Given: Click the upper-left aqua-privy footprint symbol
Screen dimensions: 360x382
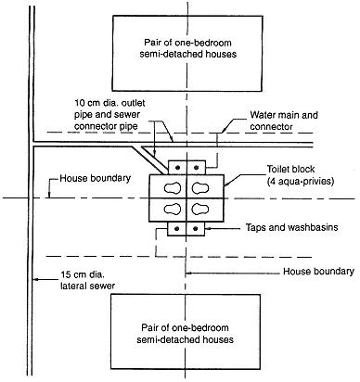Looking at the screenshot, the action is [x=173, y=187].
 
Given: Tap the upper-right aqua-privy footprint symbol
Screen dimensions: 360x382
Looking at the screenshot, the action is [x=200, y=187].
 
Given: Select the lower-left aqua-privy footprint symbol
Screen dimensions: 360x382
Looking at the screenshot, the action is [x=173, y=210].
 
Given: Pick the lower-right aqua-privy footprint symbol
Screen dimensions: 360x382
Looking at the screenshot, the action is [x=200, y=210].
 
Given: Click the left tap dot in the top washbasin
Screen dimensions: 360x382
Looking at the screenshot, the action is [x=177, y=168].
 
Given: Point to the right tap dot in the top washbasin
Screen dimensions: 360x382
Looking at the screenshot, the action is [x=196, y=168].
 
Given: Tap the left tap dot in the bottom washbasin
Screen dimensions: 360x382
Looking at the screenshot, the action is [x=177, y=229].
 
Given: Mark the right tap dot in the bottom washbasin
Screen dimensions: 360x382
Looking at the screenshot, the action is [x=195, y=229].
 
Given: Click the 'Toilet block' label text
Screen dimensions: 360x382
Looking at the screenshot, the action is [x=290, y=169].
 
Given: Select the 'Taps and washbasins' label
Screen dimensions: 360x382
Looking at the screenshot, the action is [x=291, y=227].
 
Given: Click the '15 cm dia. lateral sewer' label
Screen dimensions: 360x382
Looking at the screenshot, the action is [x=87, y=280].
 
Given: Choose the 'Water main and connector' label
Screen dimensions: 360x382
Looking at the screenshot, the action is [x=284, y=121].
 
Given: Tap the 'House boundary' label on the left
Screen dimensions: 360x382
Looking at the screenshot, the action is [x=96, y=178].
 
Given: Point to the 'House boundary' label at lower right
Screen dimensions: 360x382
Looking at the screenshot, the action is [x=318, y=272].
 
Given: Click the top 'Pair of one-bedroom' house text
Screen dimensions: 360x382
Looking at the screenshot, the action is [x=188, y=43].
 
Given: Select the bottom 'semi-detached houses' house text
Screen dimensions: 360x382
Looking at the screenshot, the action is [x=185, y=339].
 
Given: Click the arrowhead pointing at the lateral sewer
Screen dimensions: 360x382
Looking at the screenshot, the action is [x=36, y=280].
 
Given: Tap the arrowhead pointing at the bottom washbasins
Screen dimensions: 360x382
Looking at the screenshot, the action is [x=208, y=228].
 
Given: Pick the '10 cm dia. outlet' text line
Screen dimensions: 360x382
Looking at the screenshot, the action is [x=109, y=103].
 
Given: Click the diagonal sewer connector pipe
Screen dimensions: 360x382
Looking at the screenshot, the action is [x=150, y=159].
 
